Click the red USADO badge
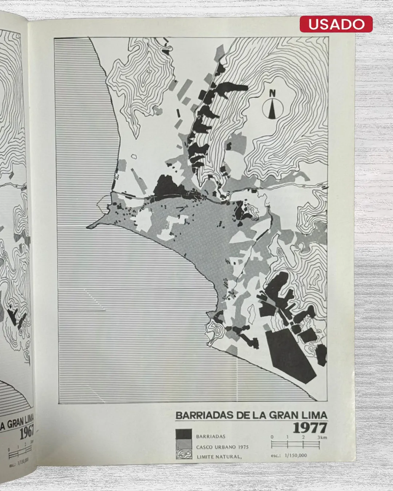[336, 24]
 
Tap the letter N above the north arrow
[272, 93]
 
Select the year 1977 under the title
[310, 428]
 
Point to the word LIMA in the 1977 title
[314, 415]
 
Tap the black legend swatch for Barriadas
[184, 434]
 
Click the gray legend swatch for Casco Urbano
[184, 444]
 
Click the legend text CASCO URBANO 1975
[222, 447]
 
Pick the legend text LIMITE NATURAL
[219, 457]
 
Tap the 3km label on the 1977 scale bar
[322, 437]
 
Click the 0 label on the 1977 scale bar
[272, 437]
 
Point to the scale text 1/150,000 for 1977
[295, 455]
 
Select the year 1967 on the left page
[27, 432]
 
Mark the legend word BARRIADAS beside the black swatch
[211, 436]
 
